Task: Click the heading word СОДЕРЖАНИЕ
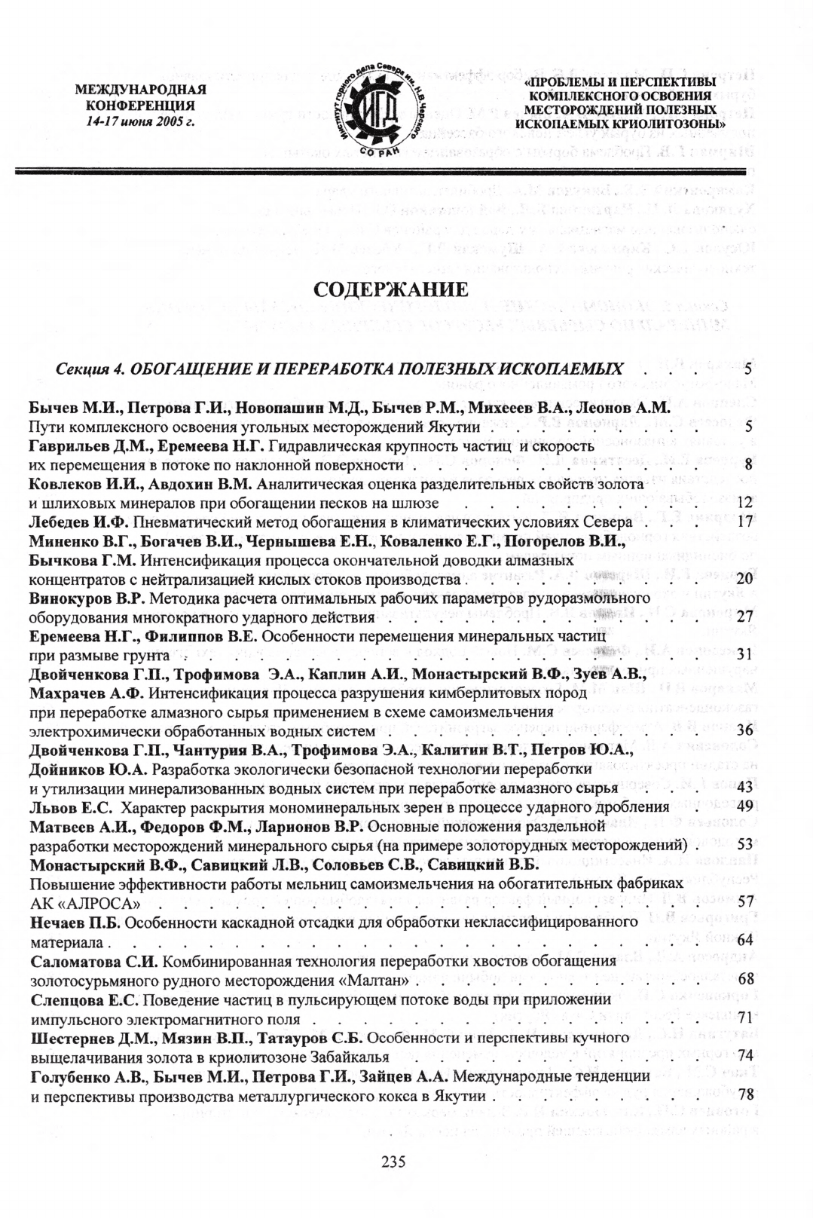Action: point(390,290)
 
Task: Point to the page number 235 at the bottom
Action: point(393,1161)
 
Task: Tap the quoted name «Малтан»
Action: point(384,981)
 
